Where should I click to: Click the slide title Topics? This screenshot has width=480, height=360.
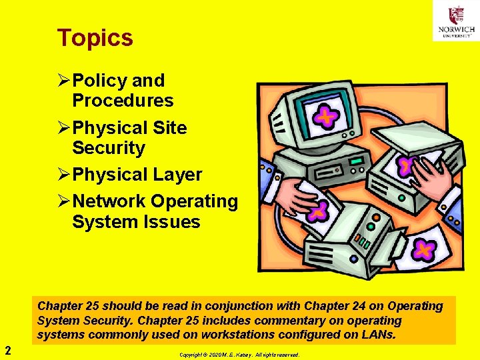[x=95, y=38]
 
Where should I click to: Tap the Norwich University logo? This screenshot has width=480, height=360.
[x=456, y=21]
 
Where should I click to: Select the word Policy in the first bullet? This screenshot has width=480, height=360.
[x=100, y=81]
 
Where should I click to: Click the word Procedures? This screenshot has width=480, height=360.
[x=123, y=101]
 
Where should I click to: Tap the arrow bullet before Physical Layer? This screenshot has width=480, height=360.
[x=64, y=175]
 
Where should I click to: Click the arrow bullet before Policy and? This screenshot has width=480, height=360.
[x=64, y=81]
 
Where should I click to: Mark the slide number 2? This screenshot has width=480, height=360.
[x=7, y=349]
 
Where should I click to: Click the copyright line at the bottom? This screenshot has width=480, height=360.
[x=239, y=355]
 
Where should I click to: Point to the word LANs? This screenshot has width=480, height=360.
[x=377, y=334]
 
